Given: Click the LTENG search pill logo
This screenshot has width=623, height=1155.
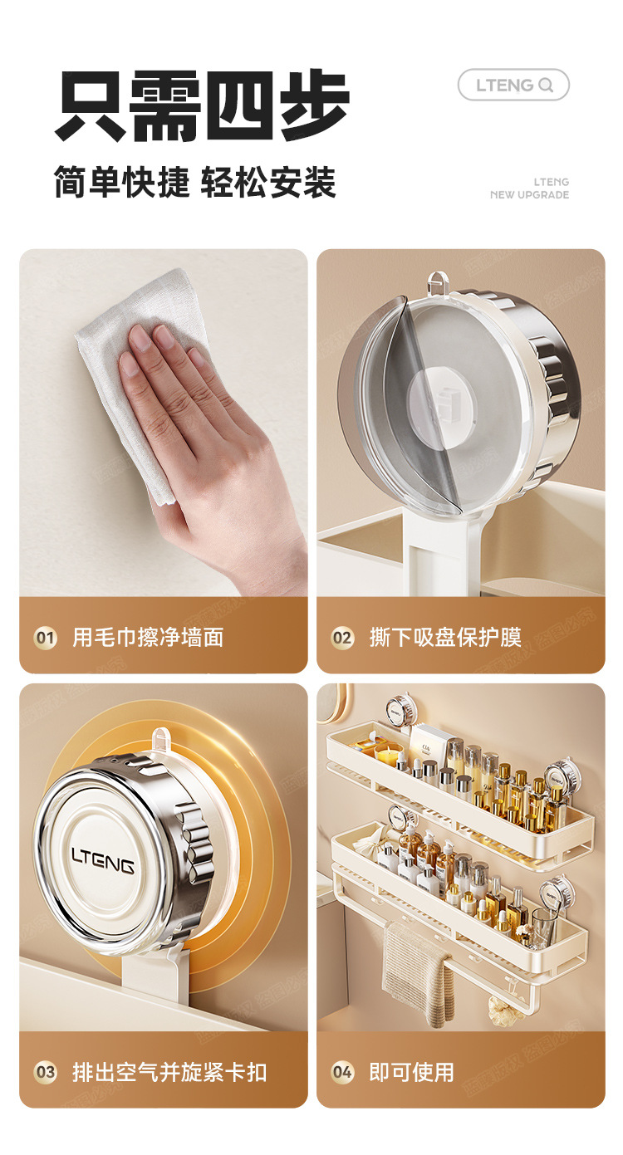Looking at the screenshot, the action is (513, 85).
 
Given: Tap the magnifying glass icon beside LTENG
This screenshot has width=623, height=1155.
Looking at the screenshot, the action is (546, 85).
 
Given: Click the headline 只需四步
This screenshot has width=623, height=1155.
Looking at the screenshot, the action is (202, 105).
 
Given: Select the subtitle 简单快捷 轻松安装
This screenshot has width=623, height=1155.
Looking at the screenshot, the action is (195, 182).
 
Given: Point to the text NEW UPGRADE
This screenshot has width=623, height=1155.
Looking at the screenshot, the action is (529, 195).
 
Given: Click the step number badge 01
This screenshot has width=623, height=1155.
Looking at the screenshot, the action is (46, 639).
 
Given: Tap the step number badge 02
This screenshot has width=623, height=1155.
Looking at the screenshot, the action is (342, 639).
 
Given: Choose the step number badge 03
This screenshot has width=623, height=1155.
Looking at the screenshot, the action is (46, 1073).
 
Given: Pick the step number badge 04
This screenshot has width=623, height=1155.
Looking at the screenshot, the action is (342, 1073).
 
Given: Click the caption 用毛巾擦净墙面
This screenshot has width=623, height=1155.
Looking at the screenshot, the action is (148, 638).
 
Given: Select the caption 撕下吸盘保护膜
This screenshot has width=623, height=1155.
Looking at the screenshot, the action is (445, 638).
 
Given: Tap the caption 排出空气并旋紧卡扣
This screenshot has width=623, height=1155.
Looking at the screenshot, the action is (169, 1073).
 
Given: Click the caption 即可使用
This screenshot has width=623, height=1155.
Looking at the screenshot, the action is (411, 1073).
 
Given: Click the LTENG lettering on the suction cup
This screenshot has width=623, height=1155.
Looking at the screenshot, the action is (103, 860).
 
